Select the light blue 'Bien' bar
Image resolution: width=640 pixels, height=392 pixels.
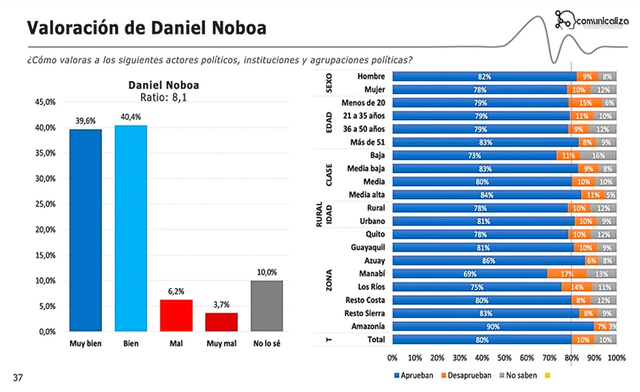131,228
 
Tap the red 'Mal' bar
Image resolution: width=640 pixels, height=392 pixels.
176,315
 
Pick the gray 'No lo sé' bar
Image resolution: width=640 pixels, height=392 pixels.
267,306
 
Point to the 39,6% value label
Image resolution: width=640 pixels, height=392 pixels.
86,122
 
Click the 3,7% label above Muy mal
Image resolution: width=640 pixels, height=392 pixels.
221,305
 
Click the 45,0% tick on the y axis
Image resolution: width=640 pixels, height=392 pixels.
44,102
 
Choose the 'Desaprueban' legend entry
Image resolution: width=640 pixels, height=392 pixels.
466,375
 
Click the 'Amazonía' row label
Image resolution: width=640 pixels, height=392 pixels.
368,326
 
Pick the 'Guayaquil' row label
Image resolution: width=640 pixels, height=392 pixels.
366,248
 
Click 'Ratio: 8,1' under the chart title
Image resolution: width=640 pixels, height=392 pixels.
163,97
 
